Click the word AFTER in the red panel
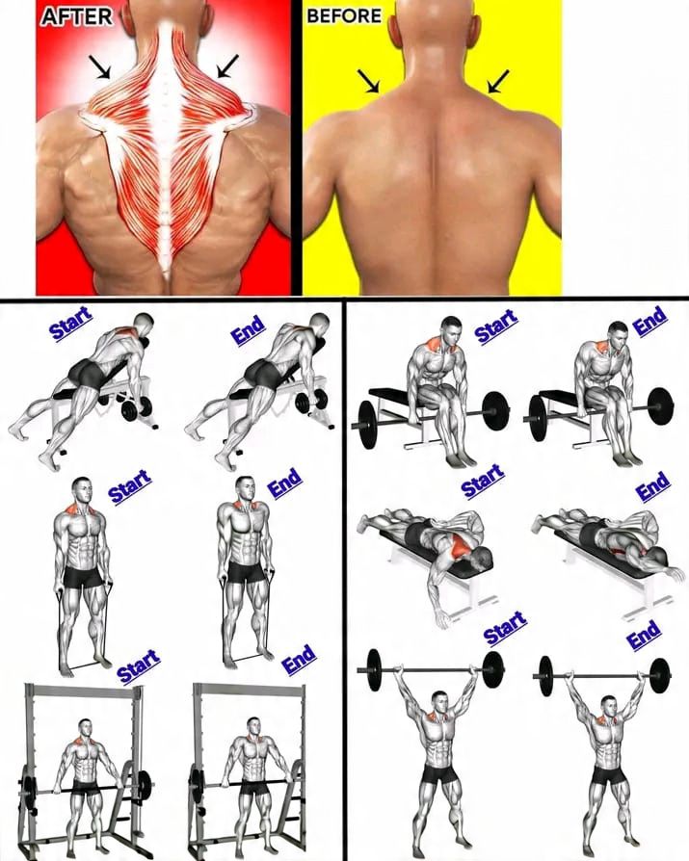coord(76,17)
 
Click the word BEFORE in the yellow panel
coord(344,16)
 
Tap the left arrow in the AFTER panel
coord(100,67)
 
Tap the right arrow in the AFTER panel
coord(228,65)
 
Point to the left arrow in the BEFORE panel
coord(369,81)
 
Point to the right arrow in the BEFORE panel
coord(498,81)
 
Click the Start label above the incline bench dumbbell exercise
coord(71,325)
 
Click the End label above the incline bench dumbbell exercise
coord(249,330)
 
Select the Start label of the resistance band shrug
coord(130,486)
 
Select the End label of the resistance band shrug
coord(284,483)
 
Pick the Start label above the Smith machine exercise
coord(139,666)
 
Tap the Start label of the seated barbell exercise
coord(496,326)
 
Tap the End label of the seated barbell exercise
coord(650,320)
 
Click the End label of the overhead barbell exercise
coord(644,635)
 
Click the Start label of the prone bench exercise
coord(483,481)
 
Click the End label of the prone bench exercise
coord(653,486)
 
